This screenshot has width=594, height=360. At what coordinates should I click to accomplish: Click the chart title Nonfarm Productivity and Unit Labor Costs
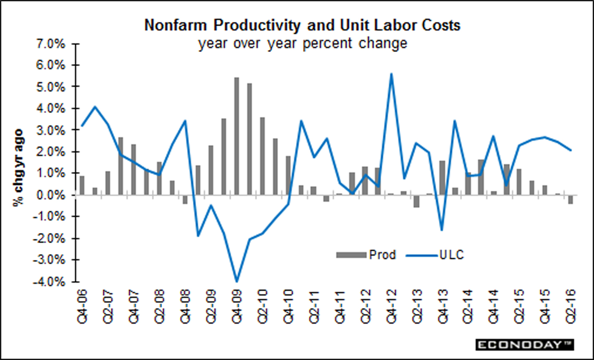pos(302,25)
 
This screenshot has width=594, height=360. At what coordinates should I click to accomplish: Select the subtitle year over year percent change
pos(302,43)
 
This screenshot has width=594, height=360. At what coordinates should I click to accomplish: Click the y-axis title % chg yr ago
pos(19,168)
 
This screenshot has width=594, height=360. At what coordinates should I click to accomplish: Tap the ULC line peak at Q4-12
pos(391,74)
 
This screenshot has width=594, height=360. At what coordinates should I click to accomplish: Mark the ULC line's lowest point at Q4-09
pos(237,281)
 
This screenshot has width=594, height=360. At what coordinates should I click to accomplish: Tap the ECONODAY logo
pos(525,344)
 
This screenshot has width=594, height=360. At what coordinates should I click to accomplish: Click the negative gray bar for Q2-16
pos(570,199)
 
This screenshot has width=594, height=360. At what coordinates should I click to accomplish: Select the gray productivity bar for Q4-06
pos(82,186)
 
